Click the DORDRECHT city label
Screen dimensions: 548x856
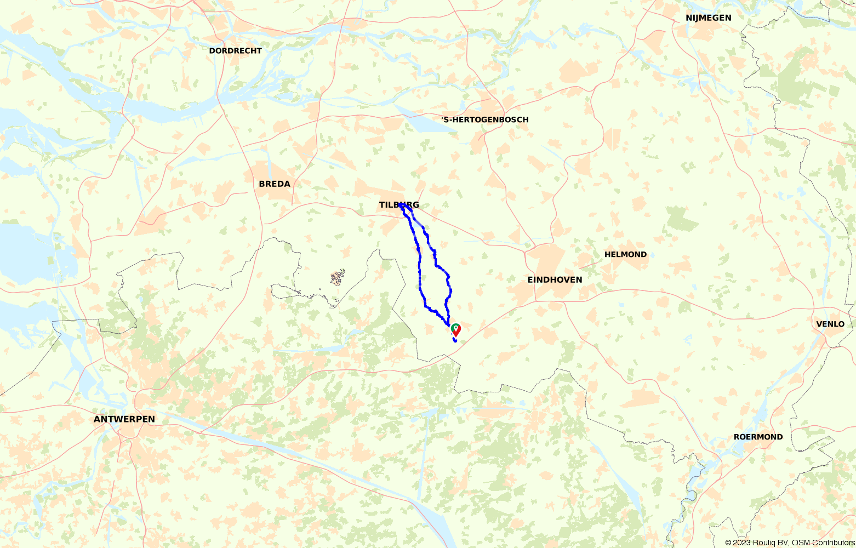pyautogui.click(x=235, y=50)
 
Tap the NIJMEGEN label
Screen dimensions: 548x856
pyautogui.click(x=708, y=18)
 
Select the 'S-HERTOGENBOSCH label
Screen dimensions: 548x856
pyautogui.click(x=485, y=119)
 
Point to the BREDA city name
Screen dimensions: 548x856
pyautogui.click(x=275, y=184)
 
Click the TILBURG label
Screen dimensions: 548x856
pyautogui.click(x=398, y=204)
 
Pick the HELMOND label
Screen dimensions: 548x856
pyautogui.click(x=625, y=254)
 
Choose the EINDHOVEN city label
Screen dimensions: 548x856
pyautogui.click(x=555, y=279)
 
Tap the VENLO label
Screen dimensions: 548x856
pyautogui.click(x=830, y=324)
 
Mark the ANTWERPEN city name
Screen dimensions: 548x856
pyautogui.click(x=124, y=419)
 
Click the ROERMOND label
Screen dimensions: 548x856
pyautogui.click(x=758, y=437)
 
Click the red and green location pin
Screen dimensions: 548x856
pyautogui.click(x=455, y=329)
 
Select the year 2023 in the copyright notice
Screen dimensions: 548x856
pyautogui.click(x=742, y=543)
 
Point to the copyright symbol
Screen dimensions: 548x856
pyautogui.click(x=728, y=543)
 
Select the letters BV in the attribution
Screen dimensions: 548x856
pyautogui.click(x=784, y=543)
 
